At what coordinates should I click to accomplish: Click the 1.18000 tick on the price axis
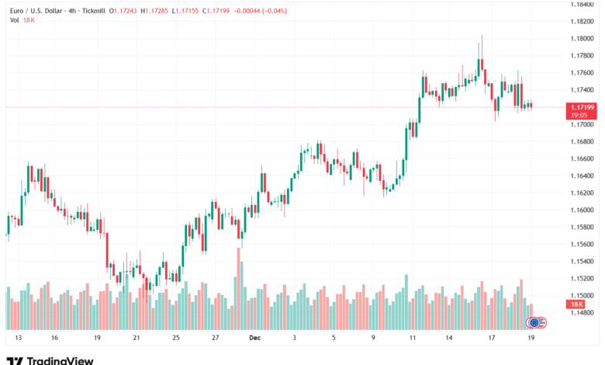pyautogui.click(x=583, y=39)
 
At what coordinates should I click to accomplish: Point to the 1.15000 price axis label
pyautogui.click(x=583, y=296)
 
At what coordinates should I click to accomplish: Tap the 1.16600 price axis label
pyautogui.click(x=583, y=158)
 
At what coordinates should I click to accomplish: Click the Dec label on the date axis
pyautogui.click(x=254, y=339)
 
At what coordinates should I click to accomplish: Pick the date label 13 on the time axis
pyautogui.click(x=17, y=339)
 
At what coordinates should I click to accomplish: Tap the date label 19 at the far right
pyautogui.click(x=531, y=339)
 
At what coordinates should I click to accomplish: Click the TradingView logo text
pyautogui.click(x=60, y=360)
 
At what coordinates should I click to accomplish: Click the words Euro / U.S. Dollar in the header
pyautogui.click(x=38, y=10)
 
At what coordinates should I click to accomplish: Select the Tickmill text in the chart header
pyautogui.click(x=91, y=10)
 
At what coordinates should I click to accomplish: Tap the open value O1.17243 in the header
pyautogui.click(x=122, y=10)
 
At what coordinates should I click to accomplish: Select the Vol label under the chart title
pyautogui.click(x=14, y=19)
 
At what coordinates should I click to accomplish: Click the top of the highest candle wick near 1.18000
pyautogui.click(x=482, y=36)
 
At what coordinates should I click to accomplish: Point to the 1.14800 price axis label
pyautogui.click(x=583, y=313)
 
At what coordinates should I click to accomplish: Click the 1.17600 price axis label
pyautogui.click(x=583, y=73)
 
